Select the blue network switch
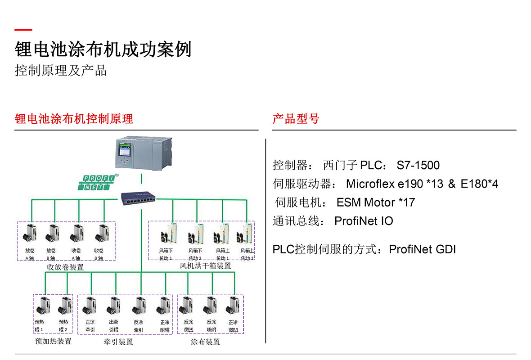point(139,198)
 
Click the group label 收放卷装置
point(65,267)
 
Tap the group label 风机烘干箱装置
point(205,266)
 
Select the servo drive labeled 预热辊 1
point(41,307)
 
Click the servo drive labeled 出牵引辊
point(113,307)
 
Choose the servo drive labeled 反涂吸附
point(211,307)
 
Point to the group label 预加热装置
point(53,341)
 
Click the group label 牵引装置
point(118,342)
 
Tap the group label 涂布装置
point(205,342)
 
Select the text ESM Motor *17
point(375,202)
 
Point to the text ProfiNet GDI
point(422,249)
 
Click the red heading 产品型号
point(296,119)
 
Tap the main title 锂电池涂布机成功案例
point(103,49)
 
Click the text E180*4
point(479,184)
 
